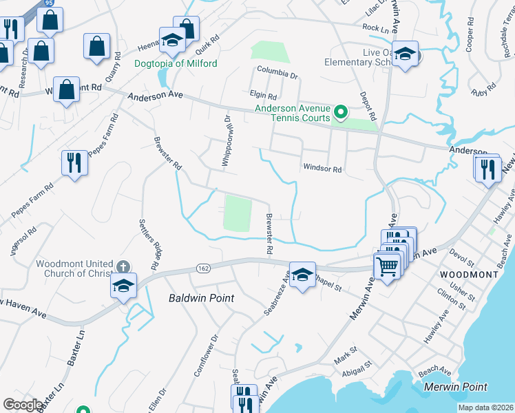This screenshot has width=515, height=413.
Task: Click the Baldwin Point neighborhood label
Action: tap(202, 298)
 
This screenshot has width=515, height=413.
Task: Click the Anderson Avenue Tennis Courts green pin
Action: tap(340, 112)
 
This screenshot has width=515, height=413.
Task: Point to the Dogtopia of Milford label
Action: tap(175, 64)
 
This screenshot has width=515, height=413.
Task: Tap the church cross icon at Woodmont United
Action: tap(123, 266)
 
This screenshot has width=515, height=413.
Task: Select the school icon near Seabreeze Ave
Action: tap(302, 275)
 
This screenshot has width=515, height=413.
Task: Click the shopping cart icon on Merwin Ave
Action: tap(388, 265)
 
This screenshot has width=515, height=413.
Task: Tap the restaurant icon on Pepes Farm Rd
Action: tap(74, 162)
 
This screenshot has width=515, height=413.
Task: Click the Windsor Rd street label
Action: tap(322, 169)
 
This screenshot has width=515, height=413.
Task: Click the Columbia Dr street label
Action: tap(277, 71)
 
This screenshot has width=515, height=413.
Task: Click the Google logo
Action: tap(23, 405)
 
